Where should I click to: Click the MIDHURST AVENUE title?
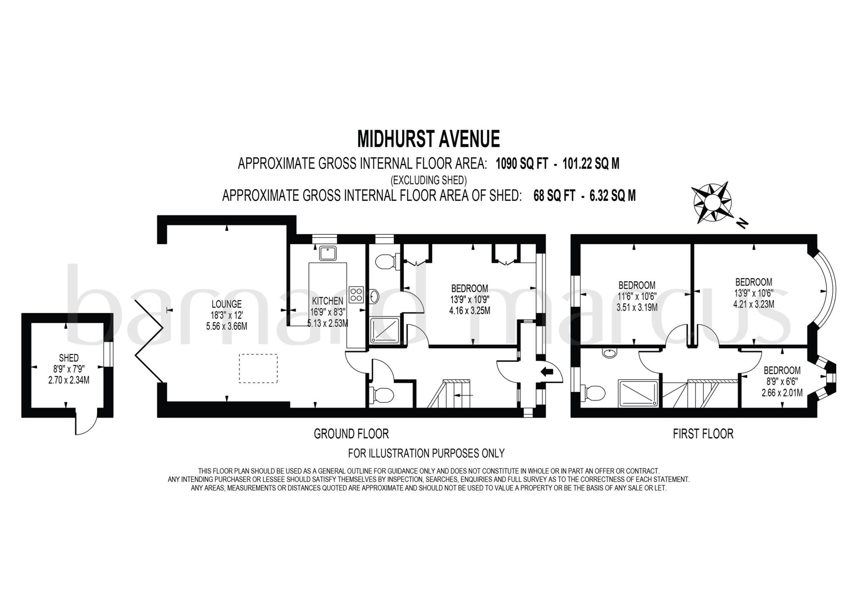click(x=428, y=140)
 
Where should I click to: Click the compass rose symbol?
click(x=711, y=203)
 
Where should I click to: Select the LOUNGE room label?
click(x=226, y=304)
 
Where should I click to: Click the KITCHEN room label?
click(x=328, y=300)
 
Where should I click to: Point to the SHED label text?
click(x=69, y=358)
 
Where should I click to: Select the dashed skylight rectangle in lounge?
click(x=258, y=368)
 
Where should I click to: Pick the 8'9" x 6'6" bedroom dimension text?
click(x=782, y=381)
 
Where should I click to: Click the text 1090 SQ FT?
click(x=522, y=164)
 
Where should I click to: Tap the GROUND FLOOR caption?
click(x=351, y=434)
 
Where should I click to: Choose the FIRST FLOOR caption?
click(x=703, y=434)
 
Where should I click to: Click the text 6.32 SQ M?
click(x=612, y=196)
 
